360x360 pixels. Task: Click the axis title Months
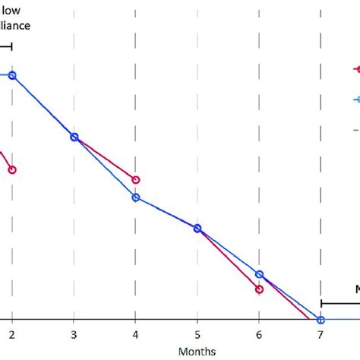coord(197,351)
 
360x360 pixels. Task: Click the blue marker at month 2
coord(12,75)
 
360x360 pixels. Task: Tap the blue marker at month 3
coord(74,137)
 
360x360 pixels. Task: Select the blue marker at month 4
coord(136,197)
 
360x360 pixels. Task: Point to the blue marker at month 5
coord(197,228)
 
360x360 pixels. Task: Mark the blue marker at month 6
coord(259,274)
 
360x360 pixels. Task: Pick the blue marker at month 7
coord(321,321)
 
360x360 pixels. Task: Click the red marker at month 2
coord(12,169)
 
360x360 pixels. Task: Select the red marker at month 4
coord(136,180)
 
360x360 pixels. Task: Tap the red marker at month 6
coord(259,289)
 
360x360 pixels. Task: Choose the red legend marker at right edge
coord(356,69)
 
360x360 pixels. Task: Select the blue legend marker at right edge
coord(356,99)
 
